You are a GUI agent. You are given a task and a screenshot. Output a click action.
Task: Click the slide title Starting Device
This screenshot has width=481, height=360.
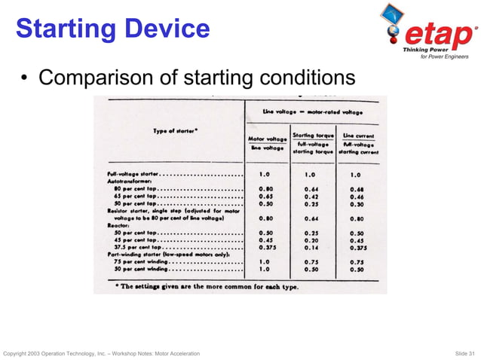112,29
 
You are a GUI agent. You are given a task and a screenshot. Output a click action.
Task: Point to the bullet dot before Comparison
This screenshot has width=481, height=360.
26,78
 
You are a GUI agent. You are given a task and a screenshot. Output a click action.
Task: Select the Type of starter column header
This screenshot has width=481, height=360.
176,131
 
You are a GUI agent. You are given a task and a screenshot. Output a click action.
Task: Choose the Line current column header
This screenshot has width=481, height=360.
358,143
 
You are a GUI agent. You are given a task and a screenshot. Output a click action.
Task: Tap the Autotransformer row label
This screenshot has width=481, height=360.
131,182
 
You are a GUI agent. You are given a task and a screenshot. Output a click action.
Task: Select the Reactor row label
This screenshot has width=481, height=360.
120,224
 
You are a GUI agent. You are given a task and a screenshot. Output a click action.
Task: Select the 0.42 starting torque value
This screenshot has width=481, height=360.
311,196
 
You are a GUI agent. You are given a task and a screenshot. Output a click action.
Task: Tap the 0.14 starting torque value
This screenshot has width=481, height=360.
311,246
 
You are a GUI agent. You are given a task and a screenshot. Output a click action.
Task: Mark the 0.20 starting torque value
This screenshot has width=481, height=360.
311,239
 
